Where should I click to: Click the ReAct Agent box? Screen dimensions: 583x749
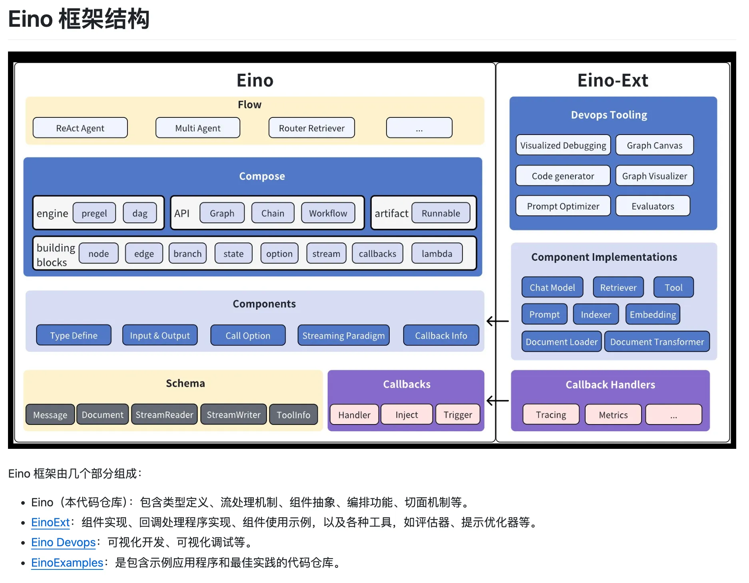pyautogui.click(x=80, y=128)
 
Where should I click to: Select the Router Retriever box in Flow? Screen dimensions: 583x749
pyautogui.click(x=311, y=128)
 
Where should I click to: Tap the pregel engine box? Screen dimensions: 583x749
pyautogui.click(x=94, y=213)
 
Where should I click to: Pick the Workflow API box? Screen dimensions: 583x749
pyautogui.click(x=328, y=213)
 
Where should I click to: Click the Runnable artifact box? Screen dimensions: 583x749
pyautogui.click(x=440, y=213)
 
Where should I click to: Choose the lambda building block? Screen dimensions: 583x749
pyautogui.click(x=436, y=254)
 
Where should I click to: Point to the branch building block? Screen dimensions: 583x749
pyautogui.click(x=187, y=254)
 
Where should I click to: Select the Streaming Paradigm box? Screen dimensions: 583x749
pyautogui.click(x=343, y=335)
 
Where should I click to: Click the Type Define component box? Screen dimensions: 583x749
pyautogui.click(x=74, y=335)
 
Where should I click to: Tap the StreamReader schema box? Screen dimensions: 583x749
pyautogui.click(x=164, y=414)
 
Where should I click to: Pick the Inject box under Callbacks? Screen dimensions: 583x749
pyautogui.click(x=406, y=414)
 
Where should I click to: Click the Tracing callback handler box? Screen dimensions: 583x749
pyautogui.click(x=551, y=414)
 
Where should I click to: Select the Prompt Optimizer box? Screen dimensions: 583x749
pyautogui.click(x=563, y=206)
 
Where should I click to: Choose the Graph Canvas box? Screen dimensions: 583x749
pyautogui.click(x=654, y=145)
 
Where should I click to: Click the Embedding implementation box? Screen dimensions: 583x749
pyautogui.click(x=653, y=314)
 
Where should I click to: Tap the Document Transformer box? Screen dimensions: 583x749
pyautogui.click(x=657, y=342)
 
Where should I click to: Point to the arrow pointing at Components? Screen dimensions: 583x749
pyautogui.click(x=497, y=321)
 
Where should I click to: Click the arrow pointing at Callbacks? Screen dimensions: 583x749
pyautogui.click(x=497, y=401)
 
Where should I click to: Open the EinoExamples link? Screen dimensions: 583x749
pyautogui.click(x=67, y=563)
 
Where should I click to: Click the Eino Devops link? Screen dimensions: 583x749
pyautogui.click(x=63, y=542)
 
